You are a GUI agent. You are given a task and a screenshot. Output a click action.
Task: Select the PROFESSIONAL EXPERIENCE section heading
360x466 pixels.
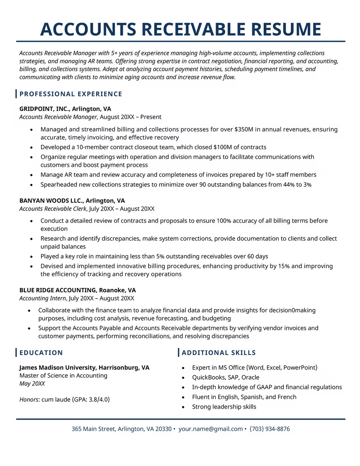pos(71,94)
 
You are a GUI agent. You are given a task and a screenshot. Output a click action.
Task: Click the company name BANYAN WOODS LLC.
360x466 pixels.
pos(52,201)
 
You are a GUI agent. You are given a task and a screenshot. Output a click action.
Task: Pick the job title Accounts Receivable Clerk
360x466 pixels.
pos(53,209)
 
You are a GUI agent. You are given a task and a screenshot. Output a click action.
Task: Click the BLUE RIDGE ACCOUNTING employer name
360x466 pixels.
pos(58,290)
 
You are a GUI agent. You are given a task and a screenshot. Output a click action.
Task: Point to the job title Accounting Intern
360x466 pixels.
pos(43,298)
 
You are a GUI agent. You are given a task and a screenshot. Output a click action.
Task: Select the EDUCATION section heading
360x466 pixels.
pos(41,353)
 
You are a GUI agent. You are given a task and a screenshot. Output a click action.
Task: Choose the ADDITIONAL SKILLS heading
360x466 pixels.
pos(219,353)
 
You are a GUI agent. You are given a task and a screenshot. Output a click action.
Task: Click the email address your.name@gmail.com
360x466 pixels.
pos(210,429)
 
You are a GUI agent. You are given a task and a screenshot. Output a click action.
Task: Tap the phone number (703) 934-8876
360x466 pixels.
pos(270,429)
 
